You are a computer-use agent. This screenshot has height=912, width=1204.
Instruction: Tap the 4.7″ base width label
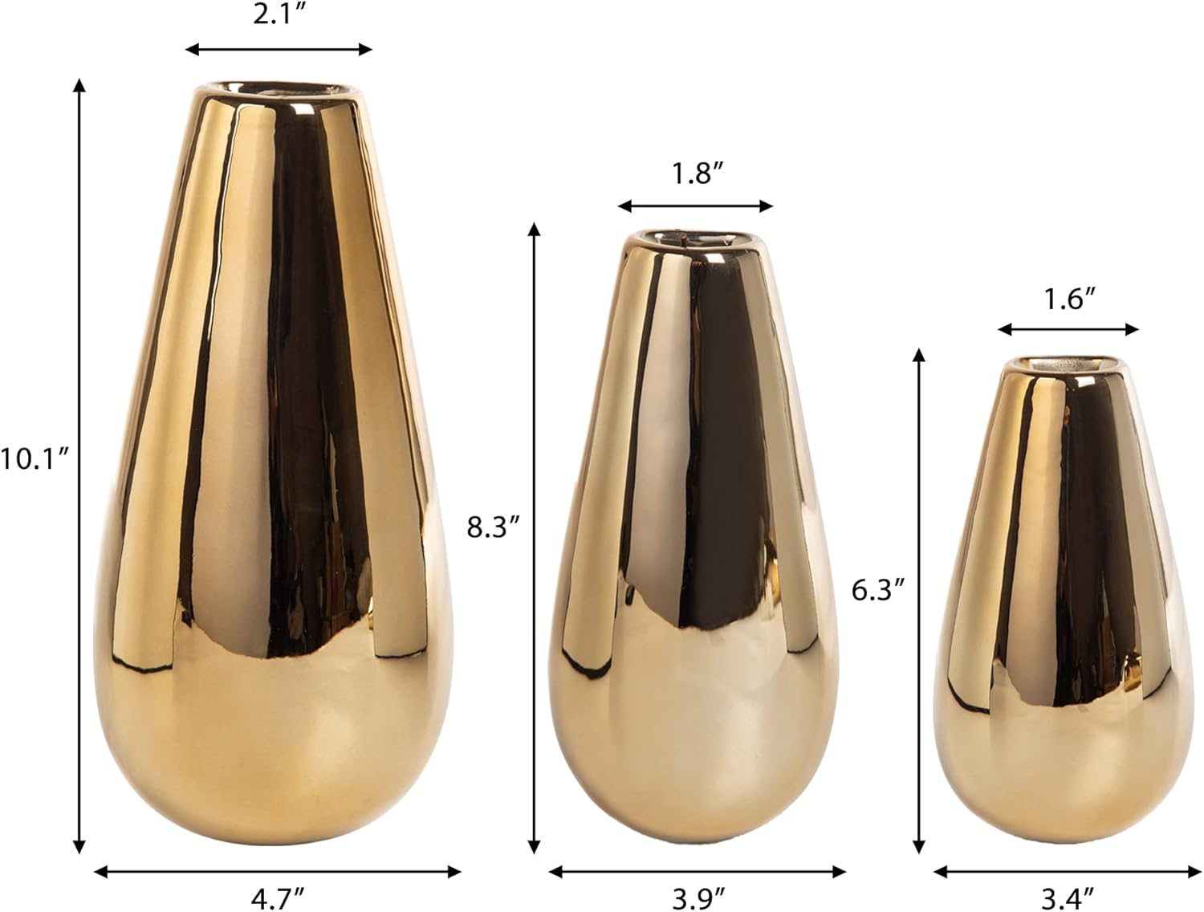[278, 898]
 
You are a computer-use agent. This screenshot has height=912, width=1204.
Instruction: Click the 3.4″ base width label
[1069, 898]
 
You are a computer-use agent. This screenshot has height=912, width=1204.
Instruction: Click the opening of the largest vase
[278, 88]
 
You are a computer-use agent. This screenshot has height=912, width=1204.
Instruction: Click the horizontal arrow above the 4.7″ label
[278, 871]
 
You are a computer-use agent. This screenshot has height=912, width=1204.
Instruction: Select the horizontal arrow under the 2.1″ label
[279, 50]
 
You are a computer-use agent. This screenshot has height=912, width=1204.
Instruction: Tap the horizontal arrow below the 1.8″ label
[695, 206]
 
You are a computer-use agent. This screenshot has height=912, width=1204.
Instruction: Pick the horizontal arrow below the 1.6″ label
[1068, 329]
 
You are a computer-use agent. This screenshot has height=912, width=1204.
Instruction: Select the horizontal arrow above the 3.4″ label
[1068, 871]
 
